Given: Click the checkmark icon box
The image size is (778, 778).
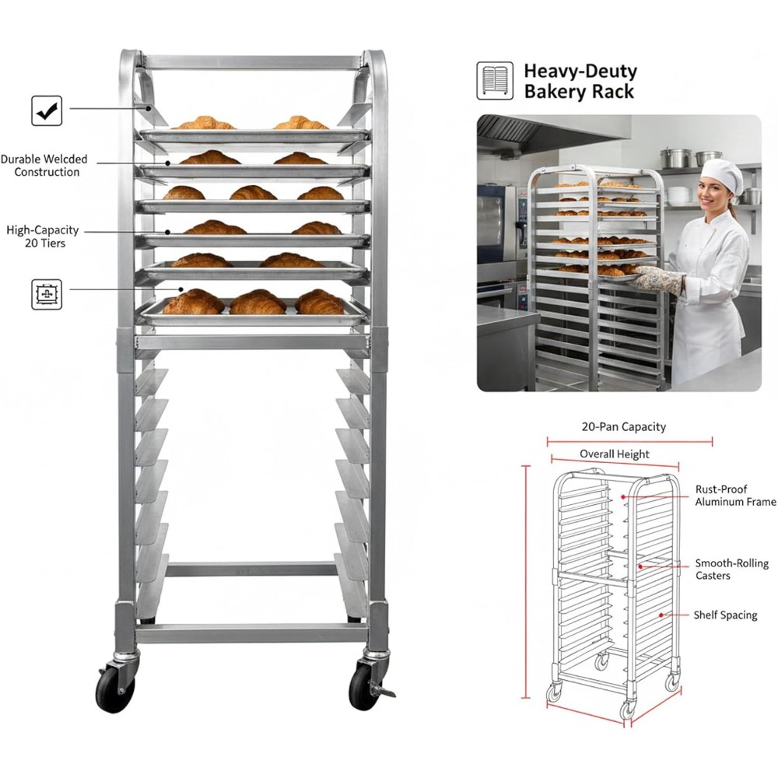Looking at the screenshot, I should point(47,110).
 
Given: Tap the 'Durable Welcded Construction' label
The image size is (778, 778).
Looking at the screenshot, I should point(44,166).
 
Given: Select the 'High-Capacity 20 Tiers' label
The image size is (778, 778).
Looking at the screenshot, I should point(42,237).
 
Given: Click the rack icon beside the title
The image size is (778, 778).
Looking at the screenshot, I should point(495,81).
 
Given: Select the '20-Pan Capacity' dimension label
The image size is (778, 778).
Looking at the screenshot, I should point(624,426).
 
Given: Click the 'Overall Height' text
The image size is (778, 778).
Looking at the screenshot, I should point(614,454).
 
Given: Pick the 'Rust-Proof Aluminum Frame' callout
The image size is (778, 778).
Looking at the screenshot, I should point(734,496).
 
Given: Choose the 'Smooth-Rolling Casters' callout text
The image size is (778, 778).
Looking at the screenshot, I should point(731,569).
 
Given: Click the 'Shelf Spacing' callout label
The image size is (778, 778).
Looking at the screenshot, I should point(725,615).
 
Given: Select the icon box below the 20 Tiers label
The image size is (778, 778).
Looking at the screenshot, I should point(47,294).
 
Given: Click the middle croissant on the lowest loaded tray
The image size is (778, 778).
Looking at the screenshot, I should point(258,302).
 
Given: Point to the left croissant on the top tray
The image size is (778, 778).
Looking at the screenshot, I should point(204,124).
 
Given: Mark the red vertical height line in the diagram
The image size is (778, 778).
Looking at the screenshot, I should point(526,583).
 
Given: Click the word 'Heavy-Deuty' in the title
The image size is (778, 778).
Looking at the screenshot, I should point(580,72).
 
